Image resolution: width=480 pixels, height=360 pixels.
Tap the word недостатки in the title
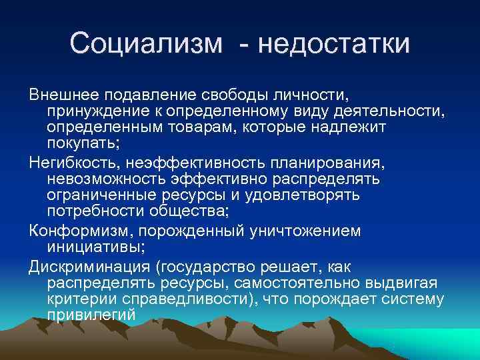pos(335,44)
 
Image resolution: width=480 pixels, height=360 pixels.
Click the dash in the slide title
pos(247,45)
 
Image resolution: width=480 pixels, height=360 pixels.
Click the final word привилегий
pos(91,315)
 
